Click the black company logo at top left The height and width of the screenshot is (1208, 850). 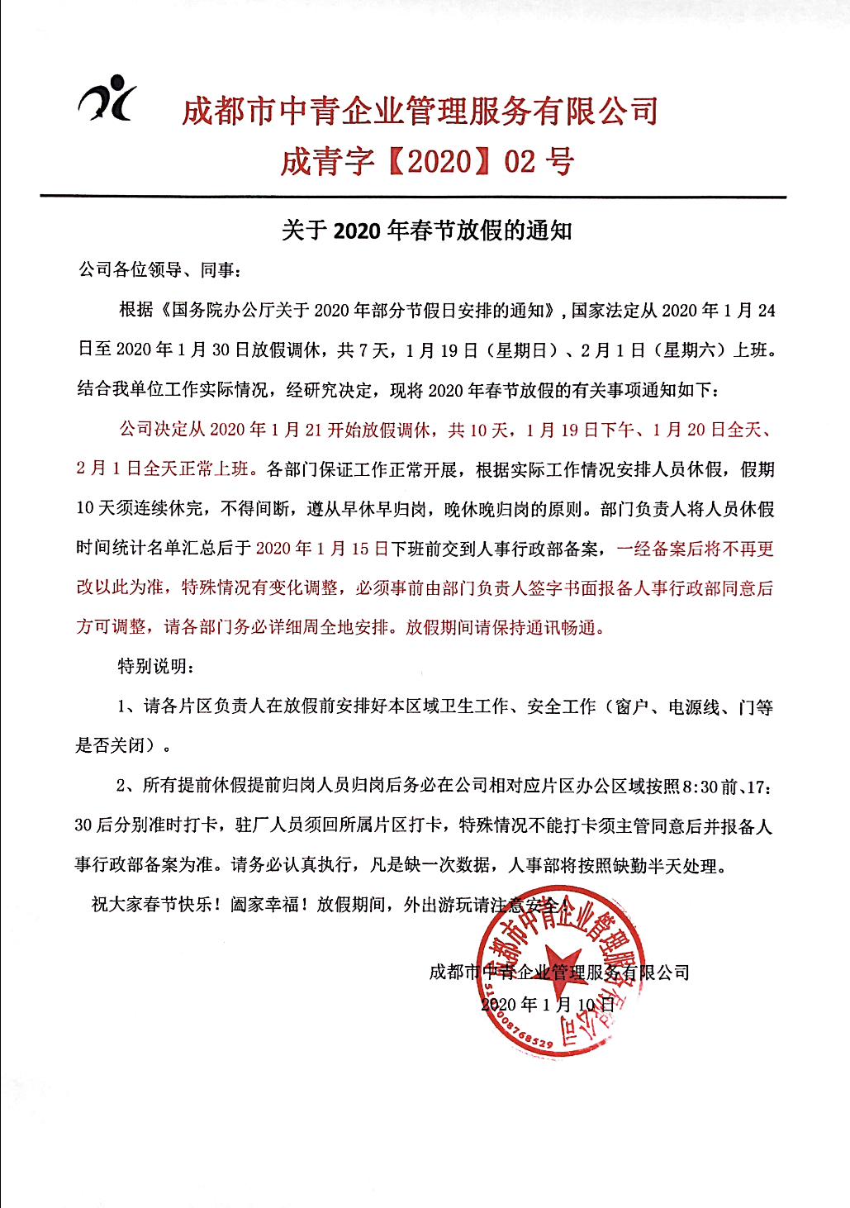point(107,99)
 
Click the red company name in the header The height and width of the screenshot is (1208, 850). point(420,111)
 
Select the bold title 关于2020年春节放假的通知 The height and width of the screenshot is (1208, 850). point(426,231)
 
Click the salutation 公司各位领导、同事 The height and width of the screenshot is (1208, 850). point(157,270)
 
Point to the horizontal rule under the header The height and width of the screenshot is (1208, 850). point(413,197)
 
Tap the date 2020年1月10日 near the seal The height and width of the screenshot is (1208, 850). point(548,1005)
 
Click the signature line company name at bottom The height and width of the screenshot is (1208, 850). point(559,973)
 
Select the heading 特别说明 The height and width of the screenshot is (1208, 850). point(156,666)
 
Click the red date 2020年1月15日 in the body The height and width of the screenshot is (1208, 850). point(322,549)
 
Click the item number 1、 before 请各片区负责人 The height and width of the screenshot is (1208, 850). point(128,706)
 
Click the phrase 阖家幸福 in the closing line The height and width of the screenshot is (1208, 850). point(268,905)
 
